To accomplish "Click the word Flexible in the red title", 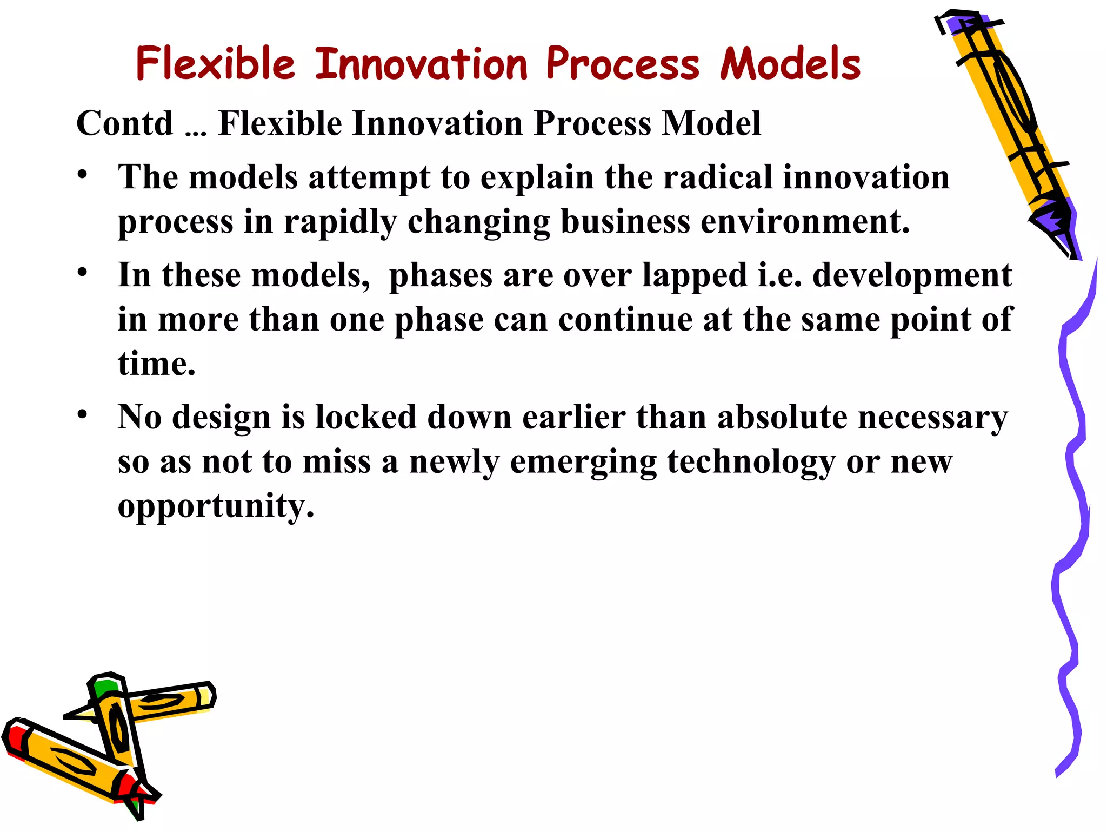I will (x=215, y=64).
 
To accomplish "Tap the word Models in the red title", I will (x=790, y=64).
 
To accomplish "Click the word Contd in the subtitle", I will (x=124, y=123).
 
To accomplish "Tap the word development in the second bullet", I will (x=912, y=275).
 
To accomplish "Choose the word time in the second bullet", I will (x=156, y=364).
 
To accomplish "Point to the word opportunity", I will (x=215, y=506).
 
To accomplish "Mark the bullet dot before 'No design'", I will (x=82, y=414).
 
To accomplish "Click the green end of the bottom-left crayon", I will (x=104, y=687).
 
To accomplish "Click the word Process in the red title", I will (x=623, y=64).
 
